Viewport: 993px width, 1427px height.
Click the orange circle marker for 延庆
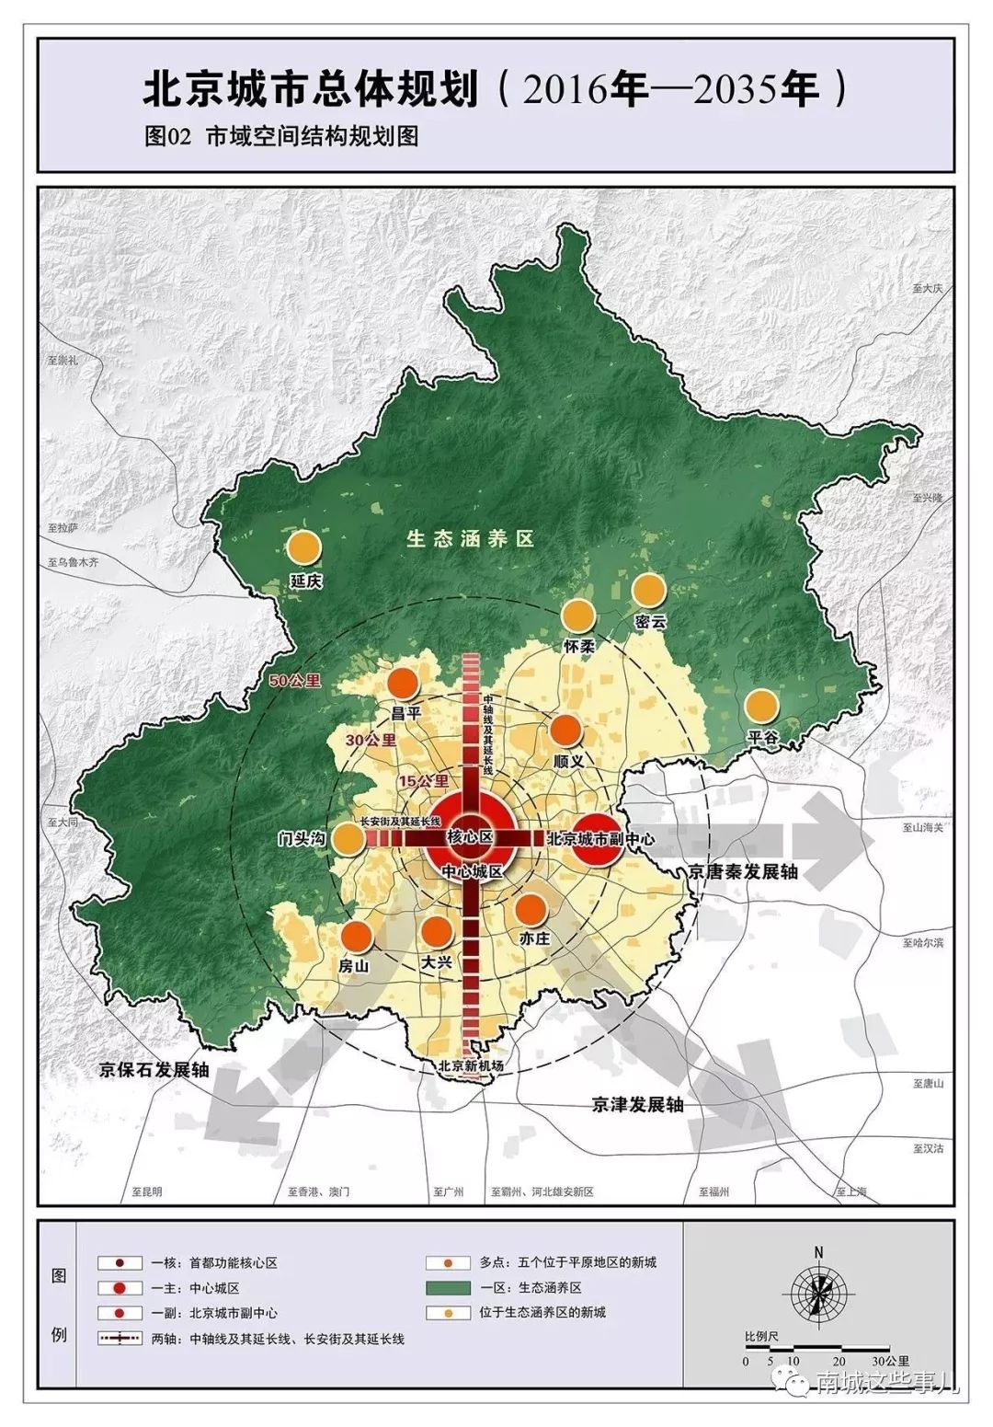pyautogui.click(x=304, y=547)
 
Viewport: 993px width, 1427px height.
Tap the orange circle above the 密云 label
pyautogui.click(x=648, y=591)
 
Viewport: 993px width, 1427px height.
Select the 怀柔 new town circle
pyautogui.click(x=578, y=616)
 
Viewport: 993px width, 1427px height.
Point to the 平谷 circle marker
pyautogui.click(x=761, y=707)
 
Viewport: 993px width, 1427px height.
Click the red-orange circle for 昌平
pyautogui.click(x=402, y=684)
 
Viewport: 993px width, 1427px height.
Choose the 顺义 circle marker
pyautogui.click(x=566, y=731)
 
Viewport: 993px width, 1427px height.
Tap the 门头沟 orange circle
pyautogui.click(x=348, y=838)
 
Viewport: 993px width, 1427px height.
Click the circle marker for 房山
pyautogui.click(x=356, y=937)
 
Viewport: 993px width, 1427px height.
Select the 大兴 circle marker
pyautogui.click(x=437, y=932)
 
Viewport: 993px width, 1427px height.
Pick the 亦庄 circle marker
pyautogui.click(x=531, y=909)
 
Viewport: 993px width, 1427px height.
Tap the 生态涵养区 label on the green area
pyautogui.click(x=471, y=539)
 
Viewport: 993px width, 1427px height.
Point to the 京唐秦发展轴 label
pyautogui.click(x=743, y=871)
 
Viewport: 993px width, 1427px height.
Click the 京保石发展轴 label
pyautogui.click(x=154, y=1069)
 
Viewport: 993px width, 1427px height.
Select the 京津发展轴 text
pyautogui.click(x=637, y=1104)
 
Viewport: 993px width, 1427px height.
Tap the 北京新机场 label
pyautogui.click(x=471, y=1066)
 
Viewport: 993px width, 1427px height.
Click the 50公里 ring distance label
pyautogui.click(x=296, y=681)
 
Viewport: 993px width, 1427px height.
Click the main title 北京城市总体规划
pyautogui.click(x=311, y=90)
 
